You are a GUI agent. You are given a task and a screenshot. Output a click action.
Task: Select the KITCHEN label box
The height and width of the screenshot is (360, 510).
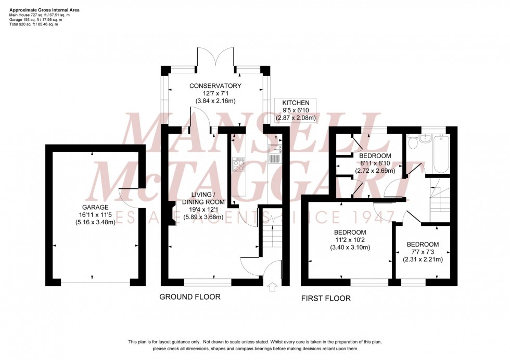[296, 110]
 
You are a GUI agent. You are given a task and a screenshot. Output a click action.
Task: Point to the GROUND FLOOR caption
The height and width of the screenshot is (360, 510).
[189, 297]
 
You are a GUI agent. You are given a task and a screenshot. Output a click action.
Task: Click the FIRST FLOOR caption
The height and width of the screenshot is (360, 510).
[326, 299]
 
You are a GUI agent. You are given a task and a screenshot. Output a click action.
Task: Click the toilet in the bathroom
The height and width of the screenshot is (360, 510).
[414, 141]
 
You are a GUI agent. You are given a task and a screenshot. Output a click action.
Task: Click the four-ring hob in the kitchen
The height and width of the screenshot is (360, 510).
[239, 165]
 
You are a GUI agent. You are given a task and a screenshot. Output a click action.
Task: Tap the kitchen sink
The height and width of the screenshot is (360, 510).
[275, 155]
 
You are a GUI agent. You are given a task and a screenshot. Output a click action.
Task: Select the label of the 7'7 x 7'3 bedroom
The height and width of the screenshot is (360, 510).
[423, 245]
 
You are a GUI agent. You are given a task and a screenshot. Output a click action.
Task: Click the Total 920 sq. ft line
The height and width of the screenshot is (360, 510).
[34, 24]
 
